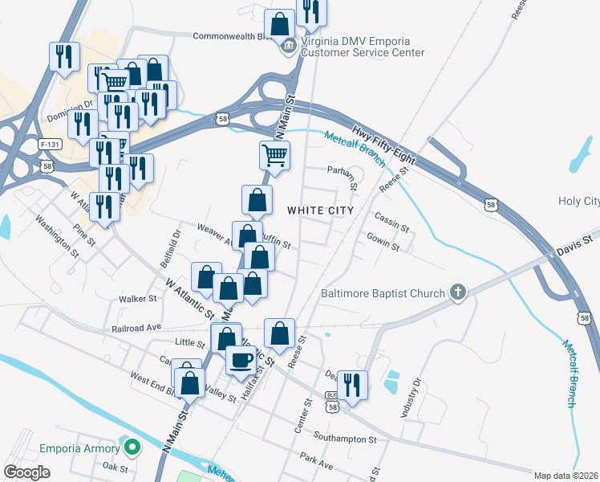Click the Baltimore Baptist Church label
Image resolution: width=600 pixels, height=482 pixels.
[383, 293]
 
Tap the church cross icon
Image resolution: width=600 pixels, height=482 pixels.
[458, 292]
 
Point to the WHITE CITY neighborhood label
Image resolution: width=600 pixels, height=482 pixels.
[321, 210]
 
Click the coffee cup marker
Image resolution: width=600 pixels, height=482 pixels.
[241, 361]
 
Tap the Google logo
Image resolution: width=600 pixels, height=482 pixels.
[26, 472]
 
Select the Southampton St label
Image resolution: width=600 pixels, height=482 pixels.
[345, 439]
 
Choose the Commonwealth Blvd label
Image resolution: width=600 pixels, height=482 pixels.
[232, 36]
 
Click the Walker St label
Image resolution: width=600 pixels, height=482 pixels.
[137, 299]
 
